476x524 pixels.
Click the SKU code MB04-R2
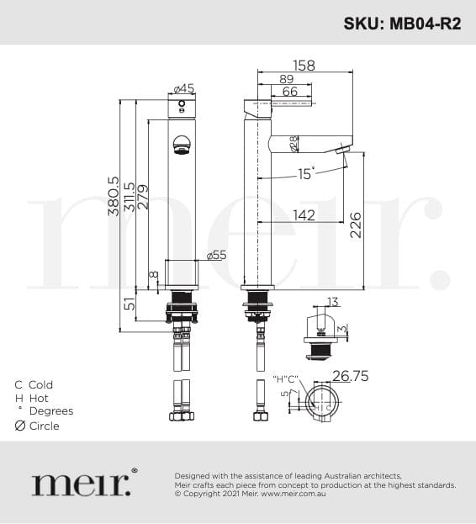(x=426, y=24)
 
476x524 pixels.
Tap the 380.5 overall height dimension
(x=114, y=196)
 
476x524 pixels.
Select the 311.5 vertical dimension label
(x=130, y=197)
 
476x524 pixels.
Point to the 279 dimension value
(x=143, y=197)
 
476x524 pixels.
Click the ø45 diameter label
(x=184, y=88)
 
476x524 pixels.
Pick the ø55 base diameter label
(x=216, y=256)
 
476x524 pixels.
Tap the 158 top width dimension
(x=304, y=66)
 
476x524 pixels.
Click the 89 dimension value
(x=287, y=79)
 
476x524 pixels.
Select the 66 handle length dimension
(x=289, y=92)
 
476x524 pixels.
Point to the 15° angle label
(x=306, y=174)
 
